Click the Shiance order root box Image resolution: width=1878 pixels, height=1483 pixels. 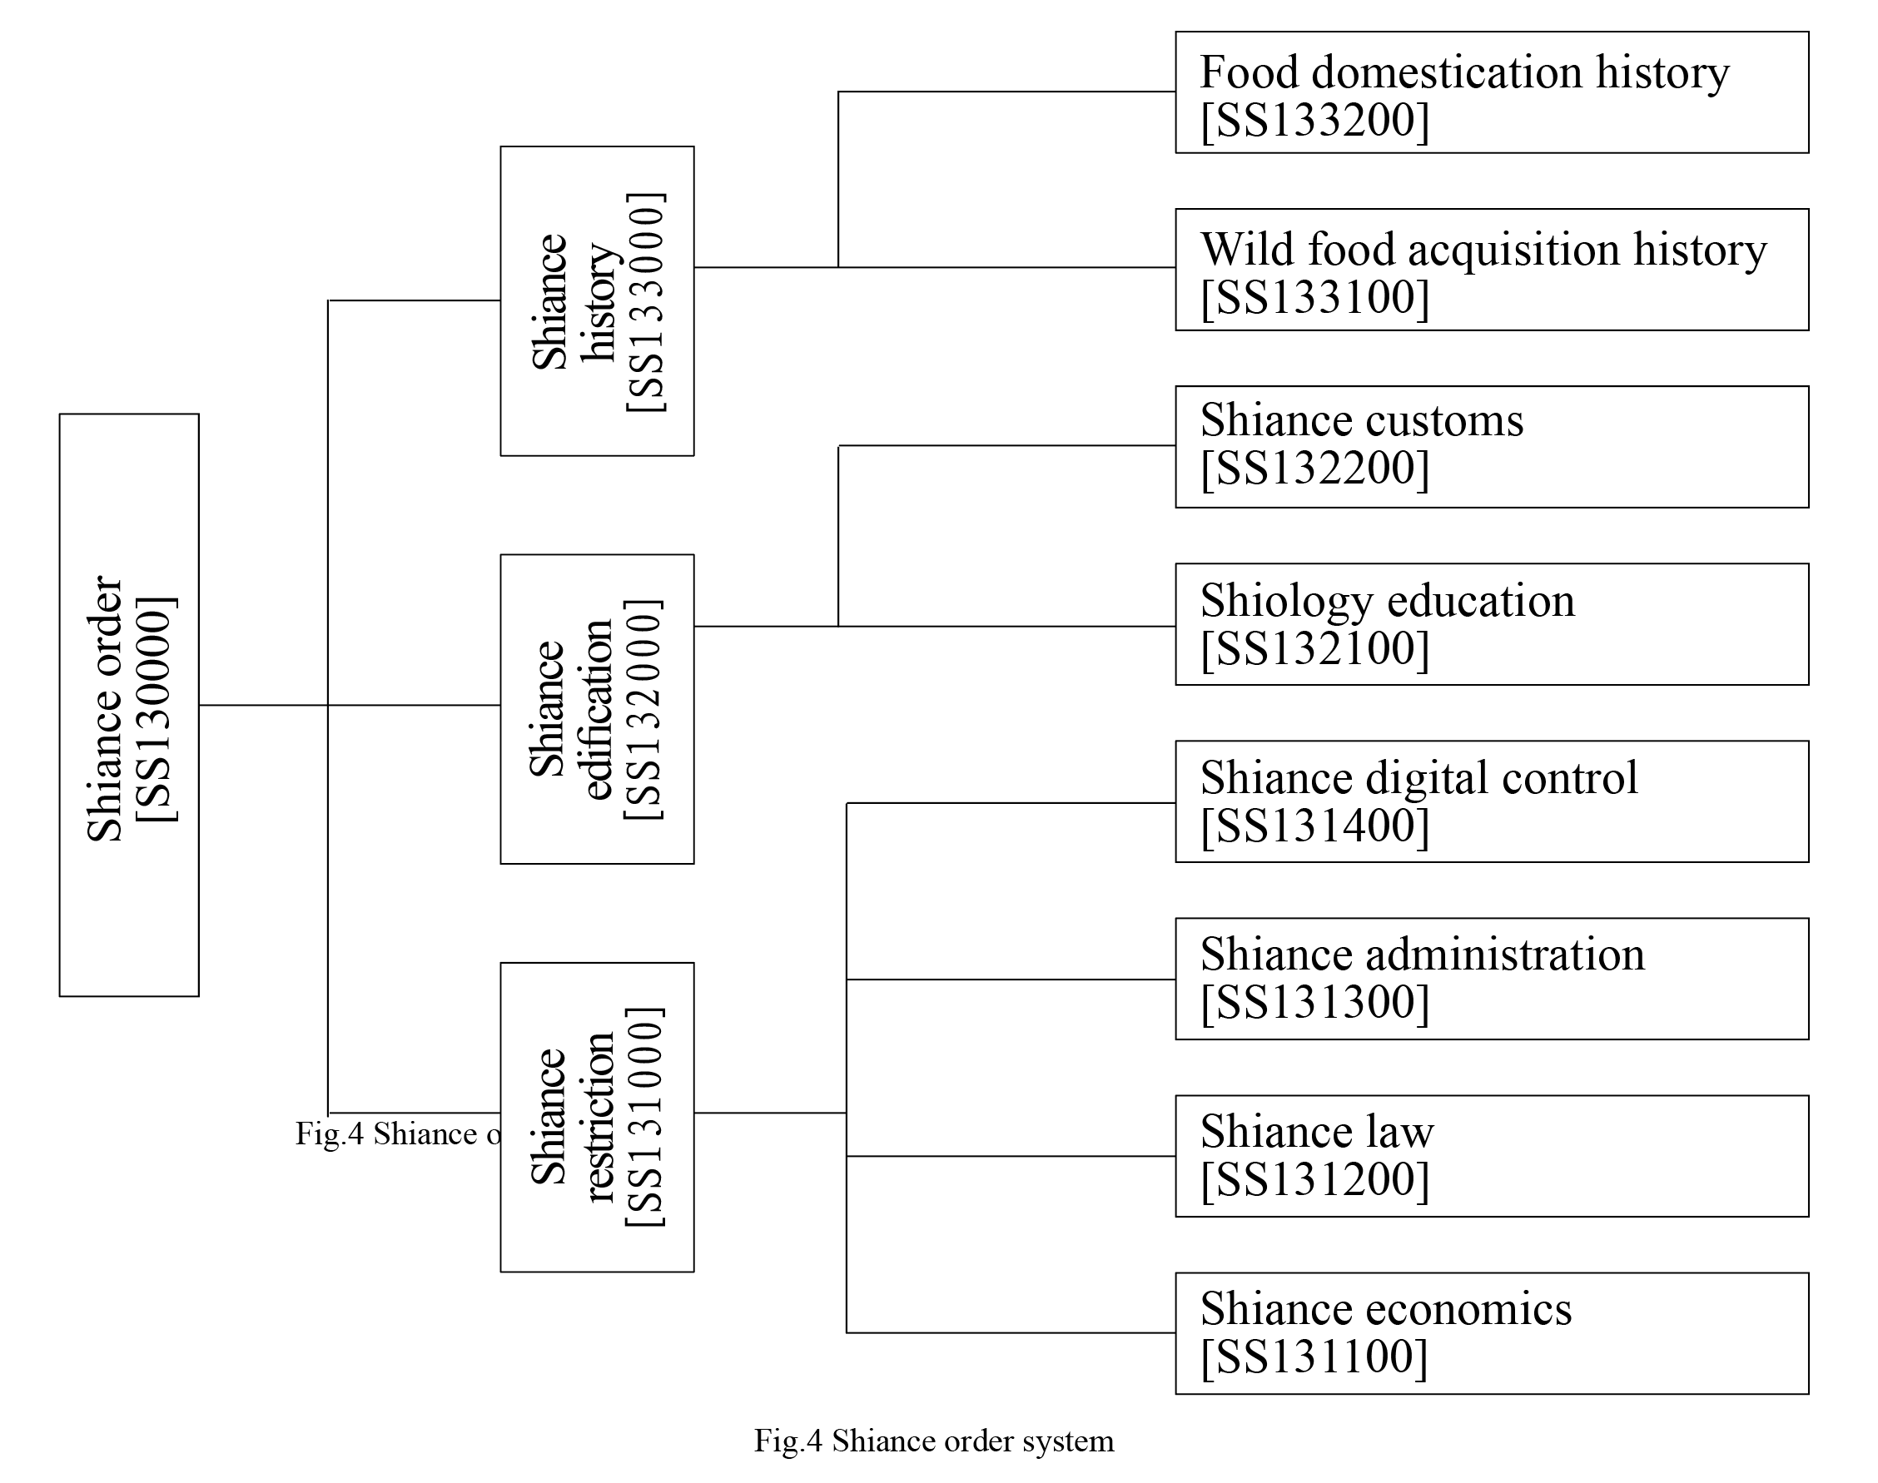[x=128, y=704]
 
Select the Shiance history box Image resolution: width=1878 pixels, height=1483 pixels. [x=597, y=300]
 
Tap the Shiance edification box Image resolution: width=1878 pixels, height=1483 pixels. [x=597, y=708]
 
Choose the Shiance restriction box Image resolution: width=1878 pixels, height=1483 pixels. [x=597, y=1117]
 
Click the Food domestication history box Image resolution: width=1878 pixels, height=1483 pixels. [x=1492, y=92]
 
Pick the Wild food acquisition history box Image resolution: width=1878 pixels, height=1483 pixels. [x=1492, y=269]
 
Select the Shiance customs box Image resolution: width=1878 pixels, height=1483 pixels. [x=1492, y=446]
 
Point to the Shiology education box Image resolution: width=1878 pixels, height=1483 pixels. [x=1492, y=624]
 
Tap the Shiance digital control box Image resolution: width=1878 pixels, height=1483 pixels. [x=1492, y=801]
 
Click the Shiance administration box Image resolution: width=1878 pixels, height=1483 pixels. [x=1492, y=979]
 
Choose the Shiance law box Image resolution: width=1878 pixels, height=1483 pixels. [x=1492, y=1156]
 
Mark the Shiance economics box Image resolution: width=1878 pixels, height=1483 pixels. [x=1492, y=1334]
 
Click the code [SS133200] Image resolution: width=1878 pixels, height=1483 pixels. [x=1314, y=120]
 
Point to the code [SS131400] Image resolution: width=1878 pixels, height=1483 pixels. [x=1314, y=825]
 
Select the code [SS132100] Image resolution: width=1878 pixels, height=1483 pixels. [x=1314, y=647]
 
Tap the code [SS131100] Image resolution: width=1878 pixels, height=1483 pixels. [x=1314, y=1357]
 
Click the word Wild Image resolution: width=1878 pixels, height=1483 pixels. [x=1247, y=249]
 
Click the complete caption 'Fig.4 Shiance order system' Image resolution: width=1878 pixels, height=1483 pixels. [x=934, y=1441]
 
